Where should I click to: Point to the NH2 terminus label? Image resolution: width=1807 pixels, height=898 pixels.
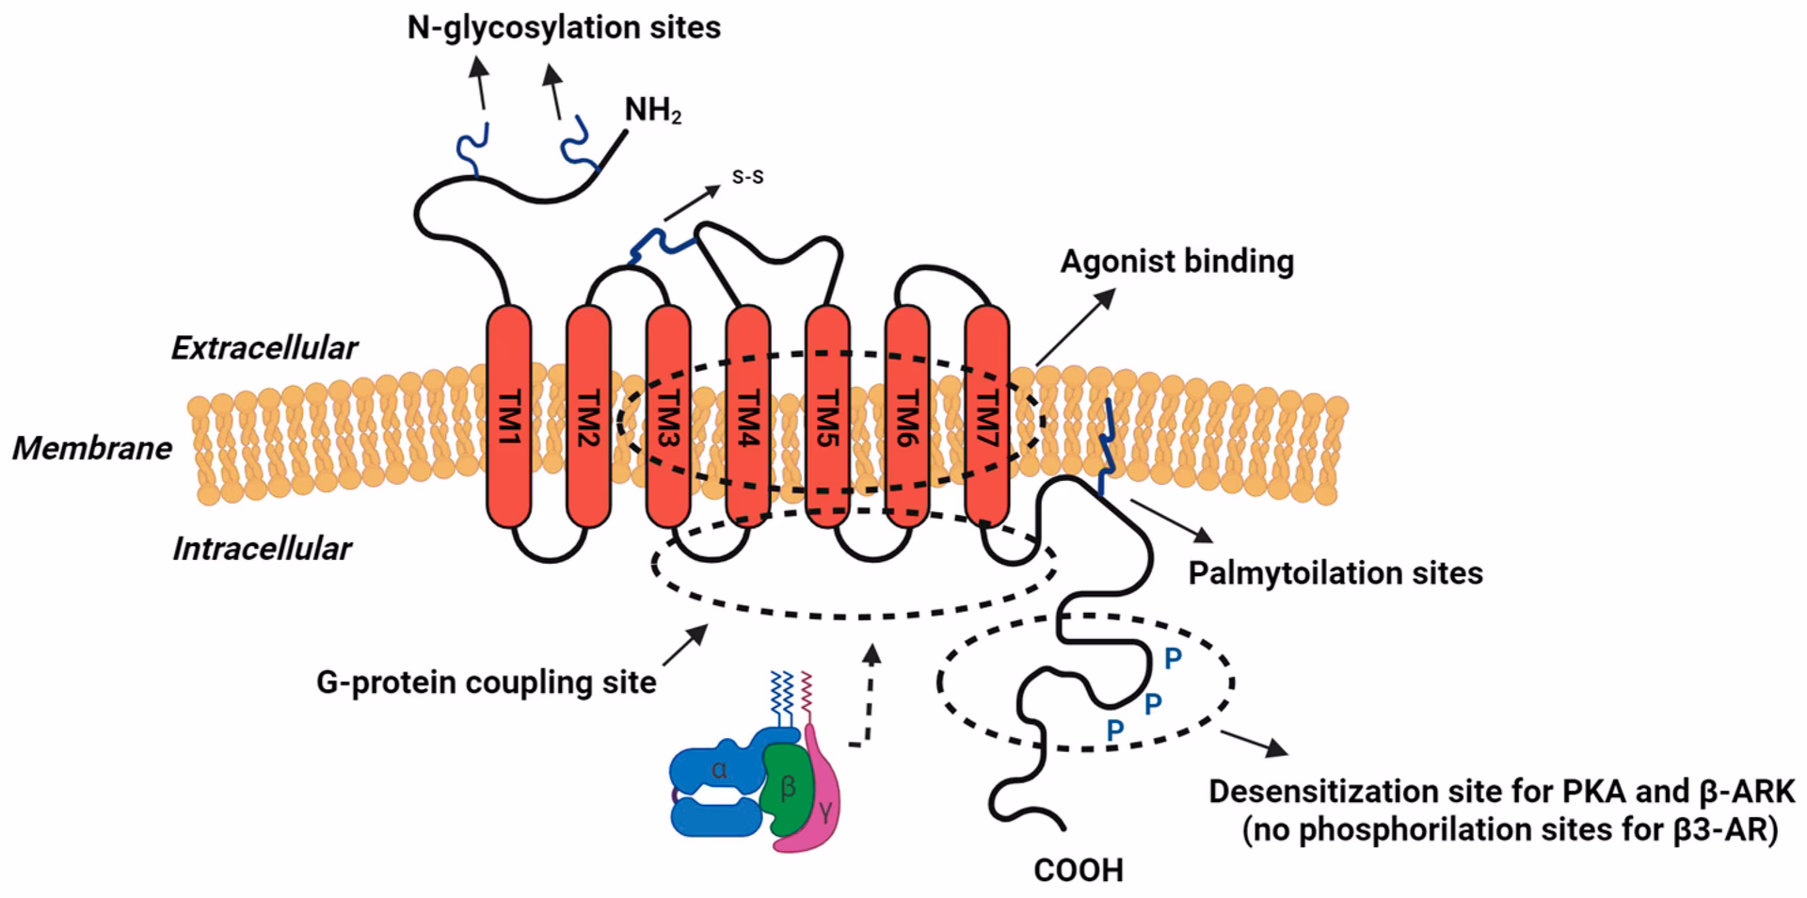coord(653,111)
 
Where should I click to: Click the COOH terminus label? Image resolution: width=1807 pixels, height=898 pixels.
coord(1079,871)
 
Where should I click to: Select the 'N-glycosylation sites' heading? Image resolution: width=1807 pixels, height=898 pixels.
coord(564,27)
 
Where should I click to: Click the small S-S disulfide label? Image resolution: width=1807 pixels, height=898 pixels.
coord(748,177)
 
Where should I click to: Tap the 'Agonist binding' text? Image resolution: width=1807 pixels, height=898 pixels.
coord(1176,261)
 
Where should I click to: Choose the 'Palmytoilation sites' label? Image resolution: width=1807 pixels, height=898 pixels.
coord(1335,572)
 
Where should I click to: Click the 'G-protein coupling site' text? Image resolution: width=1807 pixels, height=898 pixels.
coord(486,682)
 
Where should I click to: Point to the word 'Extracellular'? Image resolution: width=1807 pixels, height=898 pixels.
coord(264,348)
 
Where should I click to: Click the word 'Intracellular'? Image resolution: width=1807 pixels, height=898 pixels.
coord(263,549)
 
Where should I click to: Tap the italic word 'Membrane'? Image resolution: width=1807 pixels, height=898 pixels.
coord(92,449)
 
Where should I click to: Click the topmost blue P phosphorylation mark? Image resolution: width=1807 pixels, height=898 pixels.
coord(1173,659)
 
